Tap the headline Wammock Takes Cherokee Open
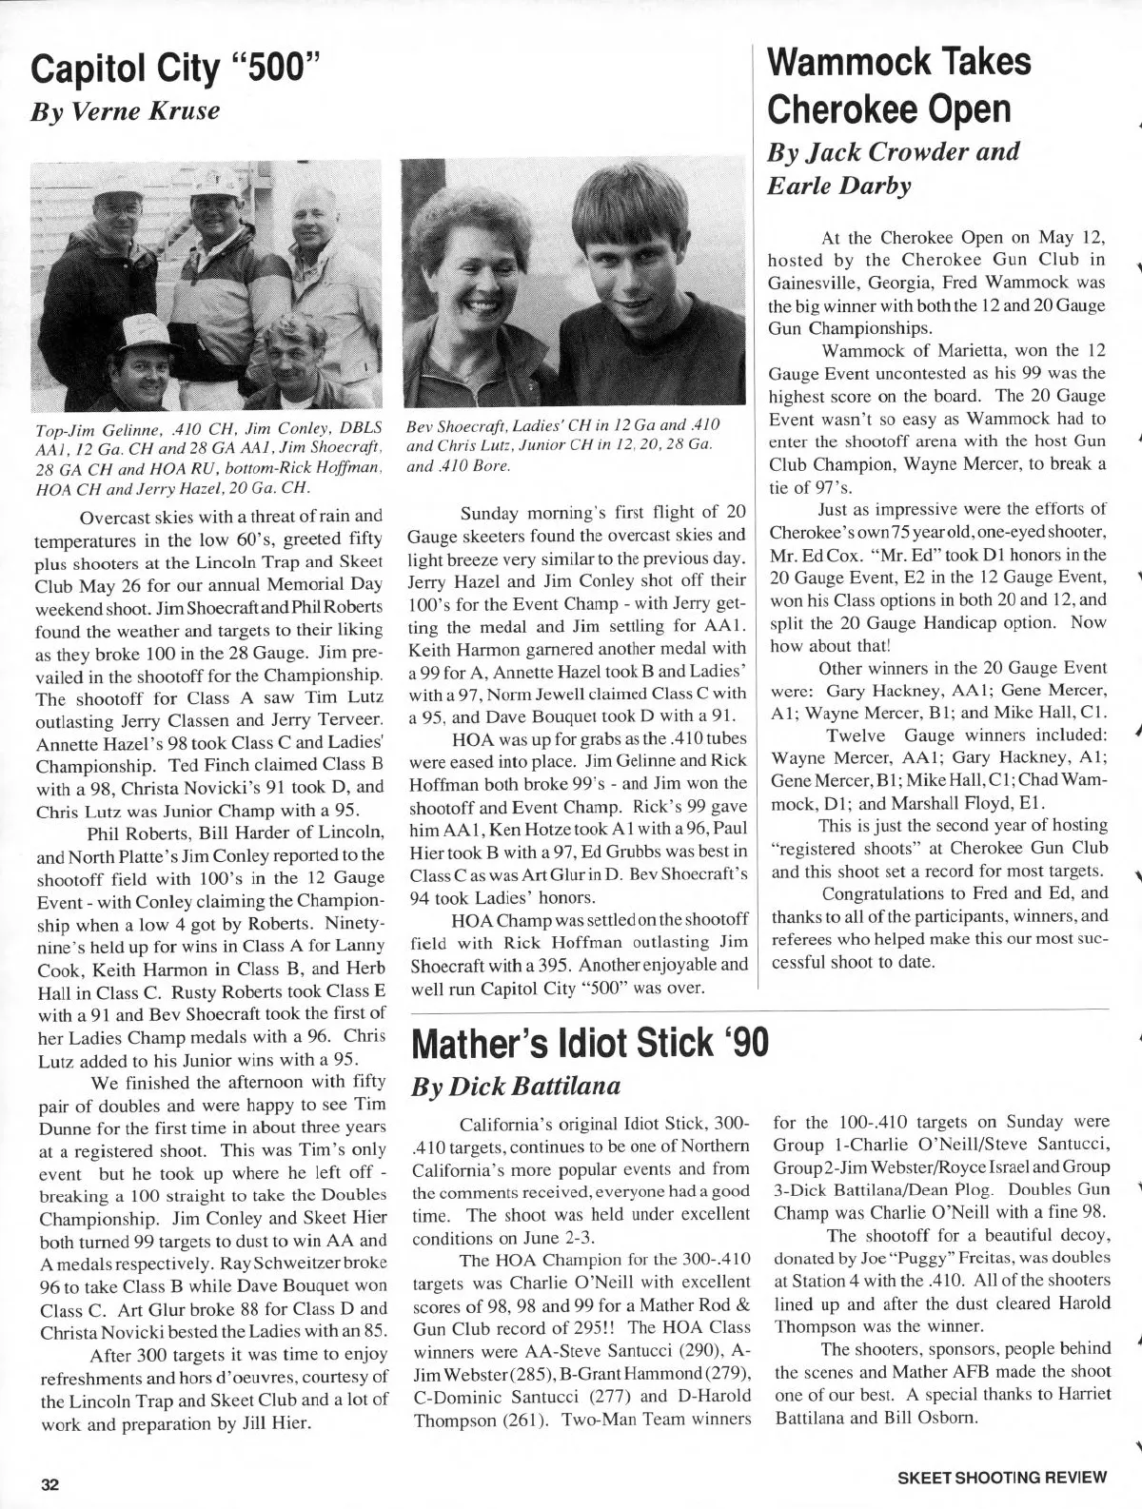point(898,87)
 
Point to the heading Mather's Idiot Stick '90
point(588,1042)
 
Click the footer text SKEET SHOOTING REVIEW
point(1002,1478)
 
